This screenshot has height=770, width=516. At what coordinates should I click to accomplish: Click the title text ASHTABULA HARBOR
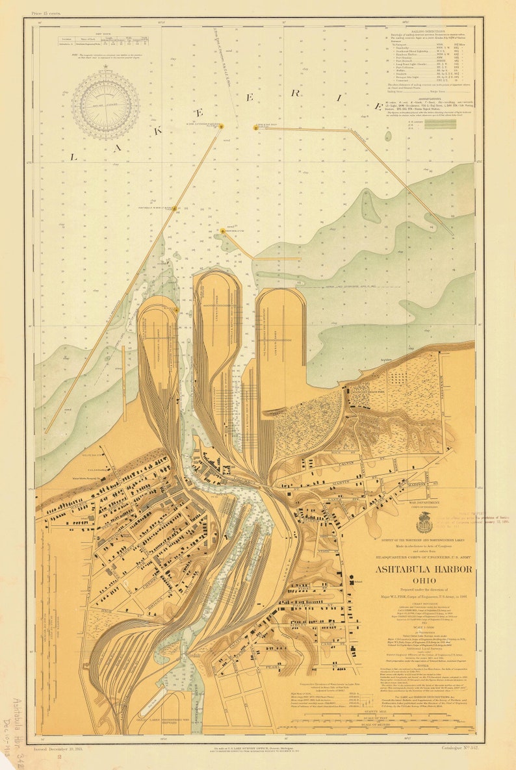[423, 570]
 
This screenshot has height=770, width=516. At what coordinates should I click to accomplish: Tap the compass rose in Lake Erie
[105, 105]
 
